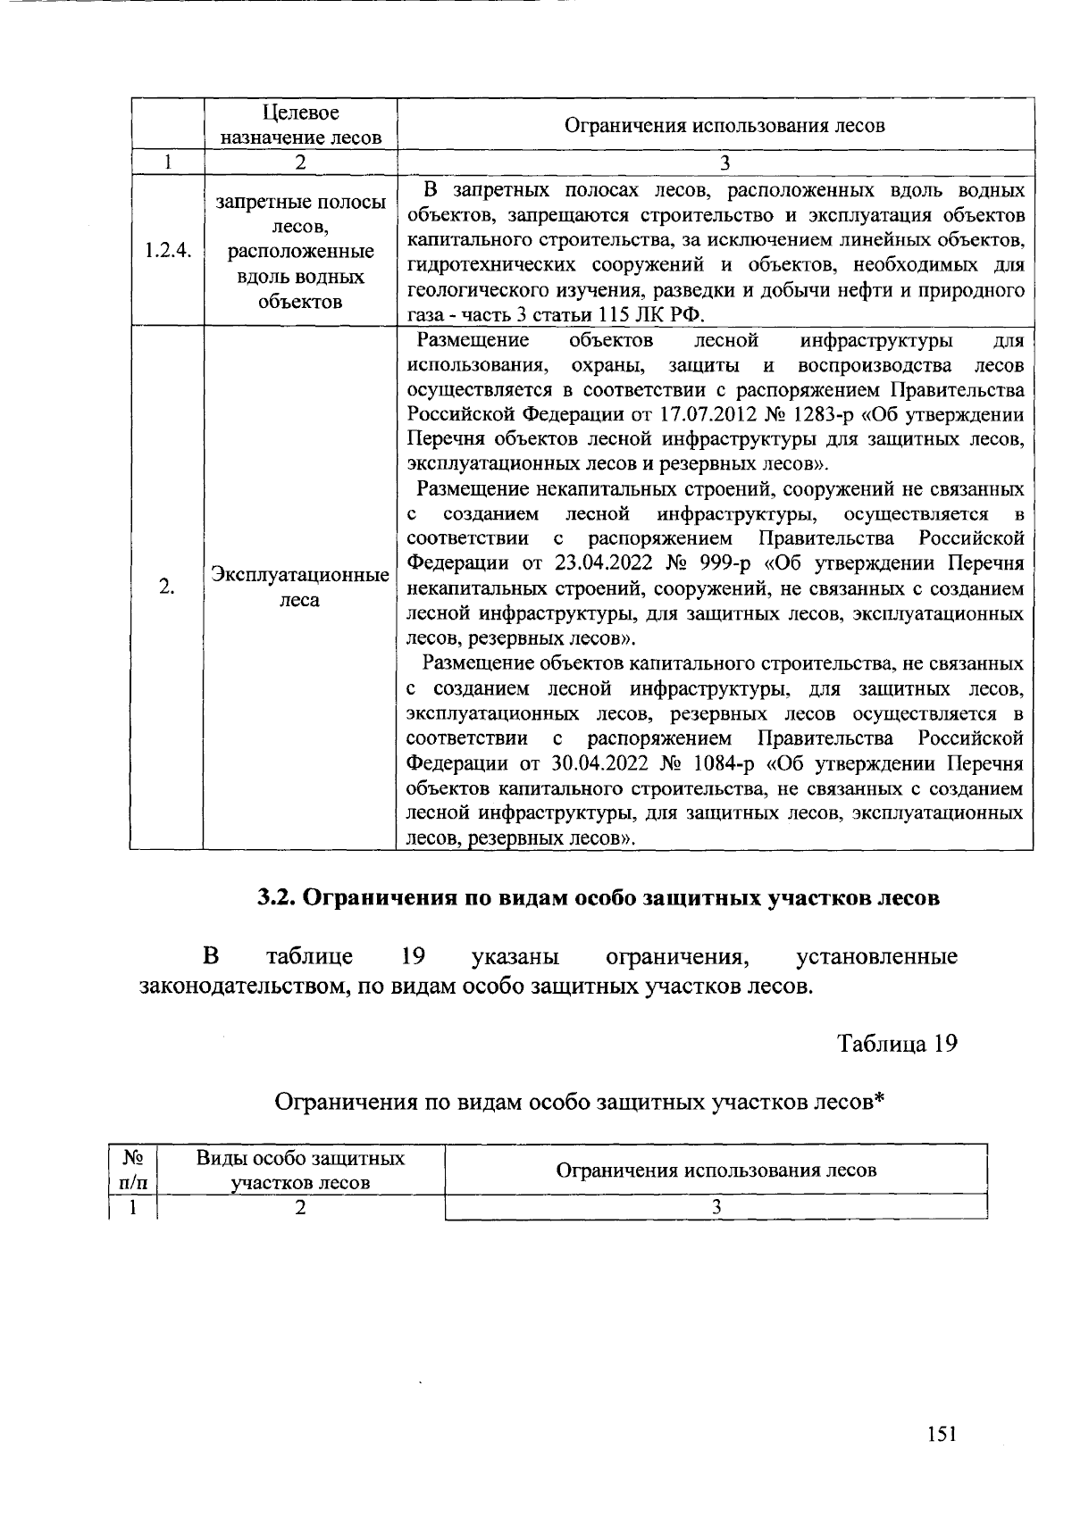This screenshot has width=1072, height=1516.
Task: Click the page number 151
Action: coord(942,1434)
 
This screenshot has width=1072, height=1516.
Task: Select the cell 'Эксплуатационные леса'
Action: coord(300,587)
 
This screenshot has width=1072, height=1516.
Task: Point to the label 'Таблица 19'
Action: coord(897,1043)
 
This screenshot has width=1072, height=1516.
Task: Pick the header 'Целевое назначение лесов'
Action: coord(301,125)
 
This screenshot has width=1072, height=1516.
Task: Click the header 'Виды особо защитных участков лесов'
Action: coord(300,1170)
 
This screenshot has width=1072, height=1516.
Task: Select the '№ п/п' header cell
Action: coord(133,1170)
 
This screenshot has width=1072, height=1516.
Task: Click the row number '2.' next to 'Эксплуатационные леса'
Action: coord(166,587)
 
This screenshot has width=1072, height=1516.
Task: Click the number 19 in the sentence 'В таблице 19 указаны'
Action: coord(412,957)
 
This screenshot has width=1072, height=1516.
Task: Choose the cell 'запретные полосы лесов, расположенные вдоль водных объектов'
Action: coord(300,252)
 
